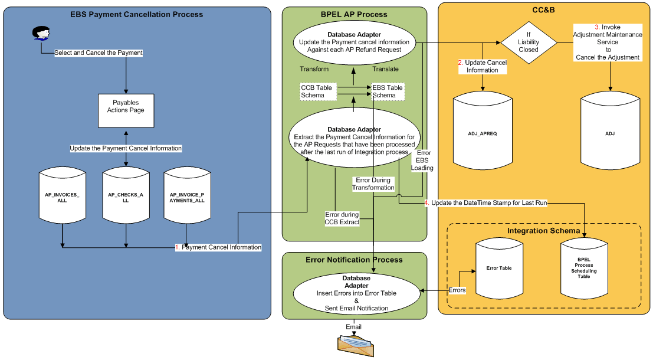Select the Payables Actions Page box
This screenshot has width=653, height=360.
(x=126, y=110)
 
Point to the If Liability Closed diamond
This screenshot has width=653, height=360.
(x=529, y=42)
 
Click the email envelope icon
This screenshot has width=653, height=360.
(x=355, y=345)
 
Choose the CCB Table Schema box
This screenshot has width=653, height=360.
(x=316, y=91)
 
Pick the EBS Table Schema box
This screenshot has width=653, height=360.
(x=388, y=91)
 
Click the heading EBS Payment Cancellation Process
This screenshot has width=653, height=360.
(x=136, y=14)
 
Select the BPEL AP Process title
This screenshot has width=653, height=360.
(x=354, y=14)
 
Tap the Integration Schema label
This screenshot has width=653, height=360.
(x=543, y=230)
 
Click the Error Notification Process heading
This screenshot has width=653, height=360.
(x=354, y=260)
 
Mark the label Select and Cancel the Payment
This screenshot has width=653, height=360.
(x=99, y=53)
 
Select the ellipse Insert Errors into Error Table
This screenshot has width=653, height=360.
(x=356, y=293)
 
